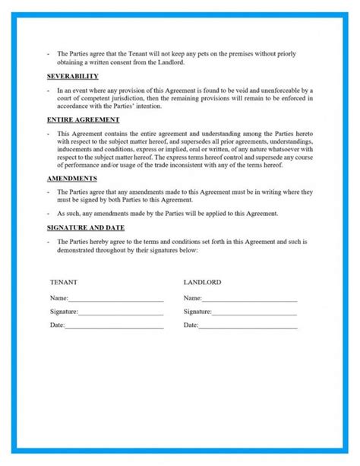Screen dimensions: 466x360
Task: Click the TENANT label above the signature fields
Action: (63, 282)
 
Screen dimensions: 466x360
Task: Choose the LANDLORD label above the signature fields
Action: (202, 282)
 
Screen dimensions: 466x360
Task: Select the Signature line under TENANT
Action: (121, 313)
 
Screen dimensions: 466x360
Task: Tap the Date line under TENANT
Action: (114, 327)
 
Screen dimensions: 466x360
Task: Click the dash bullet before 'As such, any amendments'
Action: (48, 214)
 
